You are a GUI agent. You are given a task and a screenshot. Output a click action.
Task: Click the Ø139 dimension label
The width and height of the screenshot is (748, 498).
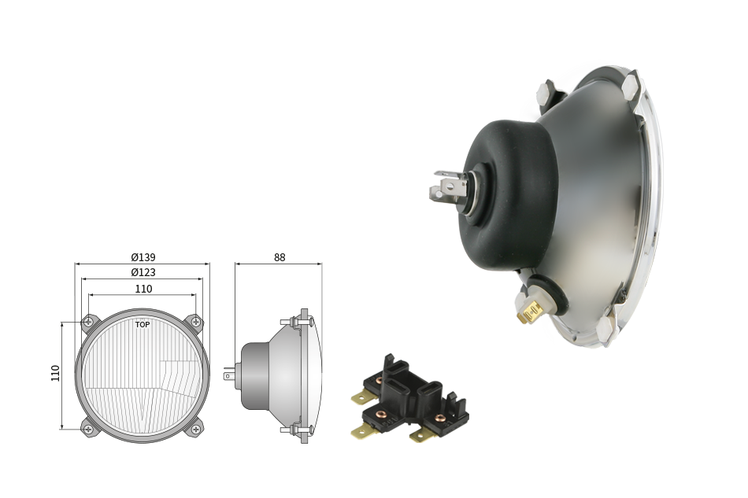143,257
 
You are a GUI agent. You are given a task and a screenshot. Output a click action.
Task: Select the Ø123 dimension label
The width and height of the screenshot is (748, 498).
143,272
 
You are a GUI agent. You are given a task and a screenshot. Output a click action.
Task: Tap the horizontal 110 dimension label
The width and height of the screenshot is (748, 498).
143,289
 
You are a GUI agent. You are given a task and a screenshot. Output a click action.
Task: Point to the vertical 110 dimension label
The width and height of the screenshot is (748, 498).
55,373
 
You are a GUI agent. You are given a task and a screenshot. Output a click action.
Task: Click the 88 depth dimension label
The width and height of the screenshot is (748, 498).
280,257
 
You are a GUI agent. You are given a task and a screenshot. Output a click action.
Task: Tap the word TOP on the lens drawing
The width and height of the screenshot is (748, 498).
143,325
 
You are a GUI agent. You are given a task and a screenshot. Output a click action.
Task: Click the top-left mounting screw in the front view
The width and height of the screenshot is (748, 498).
88,322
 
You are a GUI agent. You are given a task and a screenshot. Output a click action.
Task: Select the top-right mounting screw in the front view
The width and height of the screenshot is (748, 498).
195,322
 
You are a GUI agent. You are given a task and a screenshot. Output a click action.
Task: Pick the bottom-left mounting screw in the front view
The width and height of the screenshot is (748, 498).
88,430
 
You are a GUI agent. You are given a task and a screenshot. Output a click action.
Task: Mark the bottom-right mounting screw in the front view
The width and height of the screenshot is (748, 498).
195,430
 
